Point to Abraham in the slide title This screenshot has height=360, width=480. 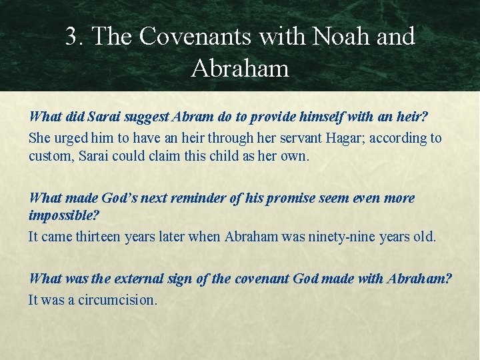240,68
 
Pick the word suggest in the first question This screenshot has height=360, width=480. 142,117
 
